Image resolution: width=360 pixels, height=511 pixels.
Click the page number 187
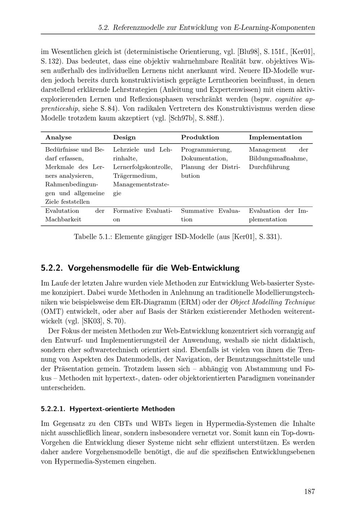tap(309, 492)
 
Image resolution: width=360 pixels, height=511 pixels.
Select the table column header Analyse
tap(58, 137)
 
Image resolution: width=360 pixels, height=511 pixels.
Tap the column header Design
tap(124, 137)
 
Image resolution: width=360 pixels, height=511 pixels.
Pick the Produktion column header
tap(200, 137)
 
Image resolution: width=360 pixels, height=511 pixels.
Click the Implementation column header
tap(275, 137)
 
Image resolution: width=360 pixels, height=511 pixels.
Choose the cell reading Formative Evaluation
tap(143, 215)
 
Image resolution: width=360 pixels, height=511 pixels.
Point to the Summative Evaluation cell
tap(210, 215)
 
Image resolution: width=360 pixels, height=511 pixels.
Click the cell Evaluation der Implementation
tap(278, 215)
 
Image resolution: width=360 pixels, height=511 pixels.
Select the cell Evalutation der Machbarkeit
tap(75, 215)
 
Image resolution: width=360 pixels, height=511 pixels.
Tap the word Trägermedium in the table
tap(135, 176)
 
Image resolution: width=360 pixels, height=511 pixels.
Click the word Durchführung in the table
tap(269, 167)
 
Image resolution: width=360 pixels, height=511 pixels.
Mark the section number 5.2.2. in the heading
tap(52, 268)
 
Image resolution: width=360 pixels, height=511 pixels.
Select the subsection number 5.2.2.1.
tap(53, 409)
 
